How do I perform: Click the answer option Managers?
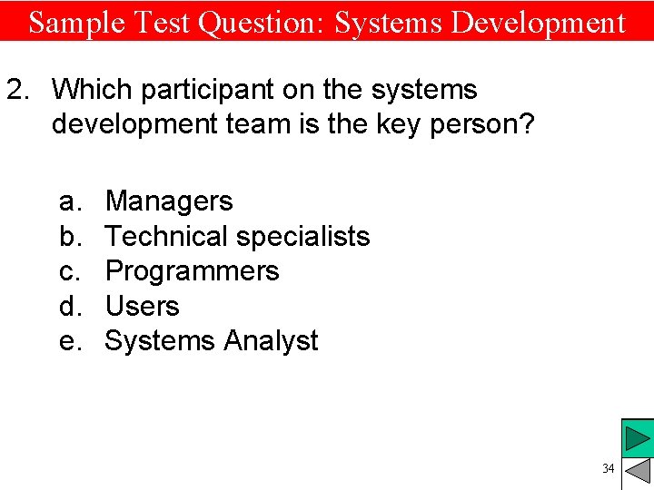[169, 201]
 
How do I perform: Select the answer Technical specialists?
[237, 236]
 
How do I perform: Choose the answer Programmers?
[192, 271]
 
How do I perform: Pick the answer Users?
[142, 306]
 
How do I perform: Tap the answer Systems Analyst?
[212, 341]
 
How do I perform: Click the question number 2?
[18, 90]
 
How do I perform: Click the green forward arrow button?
[638, 438]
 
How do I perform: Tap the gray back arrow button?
[638, 472]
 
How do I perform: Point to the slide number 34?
[608, 468]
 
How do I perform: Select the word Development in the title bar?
[538, 22]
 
